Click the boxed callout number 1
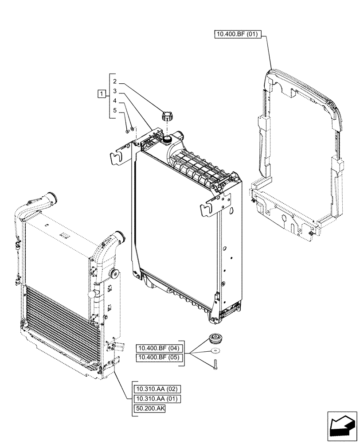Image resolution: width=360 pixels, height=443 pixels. (102, 93)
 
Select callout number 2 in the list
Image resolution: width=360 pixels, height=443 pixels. (114, 82)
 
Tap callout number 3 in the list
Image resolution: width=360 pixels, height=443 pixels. (114, 91)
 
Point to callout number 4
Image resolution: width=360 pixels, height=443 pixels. (114, 101)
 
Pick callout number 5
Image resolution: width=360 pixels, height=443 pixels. (114, 111)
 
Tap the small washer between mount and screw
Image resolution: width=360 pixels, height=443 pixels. (216, 351)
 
